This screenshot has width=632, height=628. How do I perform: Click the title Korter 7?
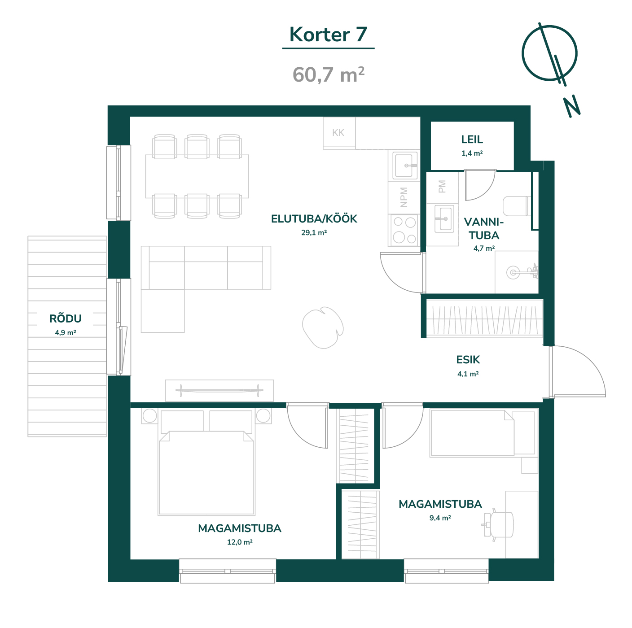328,35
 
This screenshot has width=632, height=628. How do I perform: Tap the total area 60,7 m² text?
328,75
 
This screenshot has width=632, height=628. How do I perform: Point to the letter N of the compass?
572,106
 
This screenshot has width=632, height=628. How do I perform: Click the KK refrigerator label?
338,133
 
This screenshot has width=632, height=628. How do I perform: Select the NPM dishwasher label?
404,197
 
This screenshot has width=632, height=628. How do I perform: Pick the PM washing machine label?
442,187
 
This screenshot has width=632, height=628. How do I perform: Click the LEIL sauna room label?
472,140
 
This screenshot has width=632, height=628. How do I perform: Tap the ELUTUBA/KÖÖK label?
314,218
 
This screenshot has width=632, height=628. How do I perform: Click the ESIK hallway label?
468,360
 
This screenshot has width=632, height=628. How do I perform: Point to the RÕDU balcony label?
65,318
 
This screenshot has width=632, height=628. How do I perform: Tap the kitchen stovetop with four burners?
404,230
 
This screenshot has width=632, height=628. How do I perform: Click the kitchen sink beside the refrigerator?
404,166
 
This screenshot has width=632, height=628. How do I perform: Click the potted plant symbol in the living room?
322,327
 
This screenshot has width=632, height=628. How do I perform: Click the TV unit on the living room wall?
219,390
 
